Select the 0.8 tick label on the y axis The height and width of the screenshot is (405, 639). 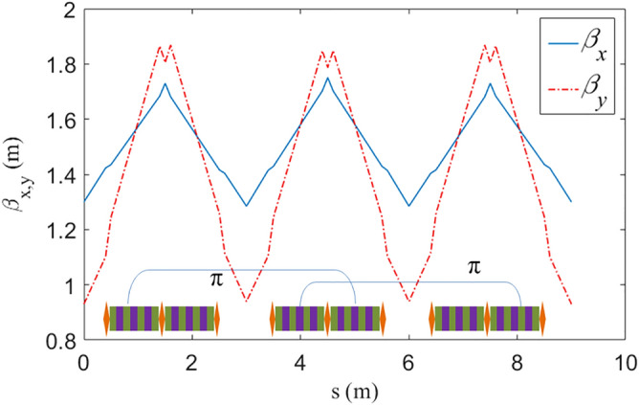tap(59, 340)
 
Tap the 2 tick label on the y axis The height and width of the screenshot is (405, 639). tap(69, 11)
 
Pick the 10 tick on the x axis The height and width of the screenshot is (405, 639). tap(625, 363)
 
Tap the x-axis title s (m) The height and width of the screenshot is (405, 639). tap(354, 391)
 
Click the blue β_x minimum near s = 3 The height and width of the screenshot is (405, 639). tap(246, 206)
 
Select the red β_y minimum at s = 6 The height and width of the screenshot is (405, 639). tap(408, 301)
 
